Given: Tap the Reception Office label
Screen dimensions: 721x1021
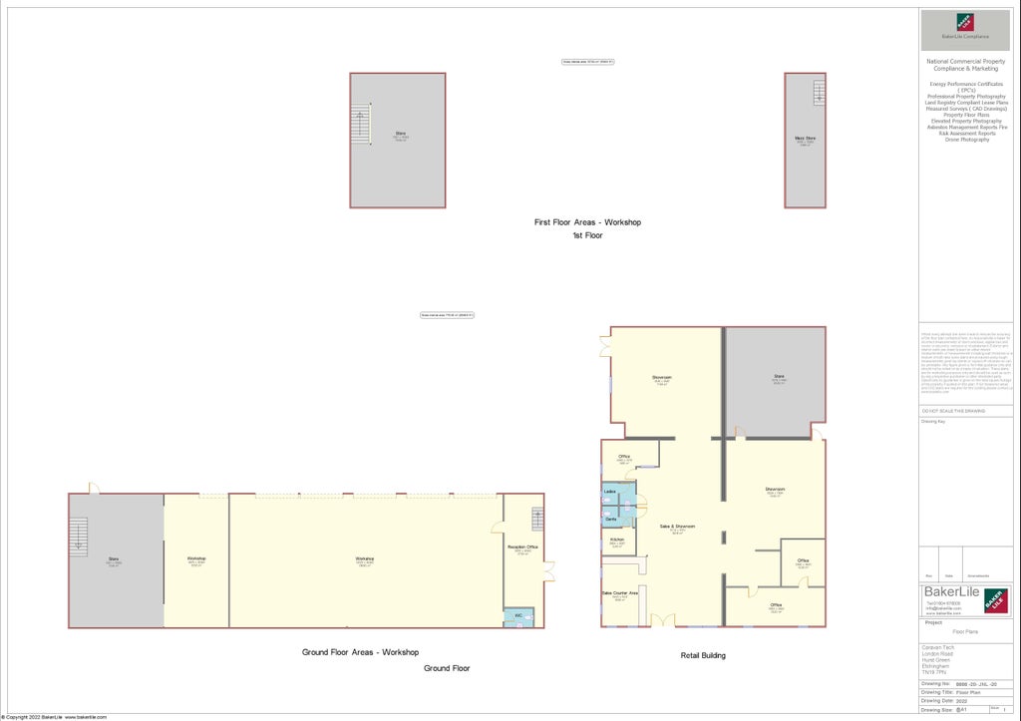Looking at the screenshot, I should pyautogui.click(x=522, y=547).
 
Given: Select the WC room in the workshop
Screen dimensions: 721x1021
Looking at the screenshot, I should pyautogui.click(x=518, y=616).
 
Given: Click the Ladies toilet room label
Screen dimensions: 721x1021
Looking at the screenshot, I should pyautogui.click(x=609, y=493).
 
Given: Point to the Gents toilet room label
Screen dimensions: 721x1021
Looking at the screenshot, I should pyautogui.click(x=610, y=520).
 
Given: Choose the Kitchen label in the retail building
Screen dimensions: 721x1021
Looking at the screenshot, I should pyautogui.click(x=617, y=541).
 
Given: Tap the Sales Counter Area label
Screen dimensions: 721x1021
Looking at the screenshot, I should pyautogui.click(x=619, y=593).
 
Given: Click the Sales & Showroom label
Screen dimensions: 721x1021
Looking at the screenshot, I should pyautogui.click(x=677, y=527).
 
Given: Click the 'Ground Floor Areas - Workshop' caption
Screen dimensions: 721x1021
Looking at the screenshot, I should pyautogui.click(x=360, y=652).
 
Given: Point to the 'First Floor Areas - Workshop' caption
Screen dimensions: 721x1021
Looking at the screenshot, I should pyautogui.click(x=587, y=221).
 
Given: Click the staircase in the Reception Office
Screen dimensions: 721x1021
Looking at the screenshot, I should pyautogui.click(x=537, y=520).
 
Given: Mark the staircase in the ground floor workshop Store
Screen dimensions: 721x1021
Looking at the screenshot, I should pyautogui.click(x=78, y=537).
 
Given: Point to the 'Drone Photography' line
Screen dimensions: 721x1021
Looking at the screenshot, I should pyautogui.click(x=967, y=140).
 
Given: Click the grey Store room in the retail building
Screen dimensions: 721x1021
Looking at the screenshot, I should pyautogui.click(x=775, y=381).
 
